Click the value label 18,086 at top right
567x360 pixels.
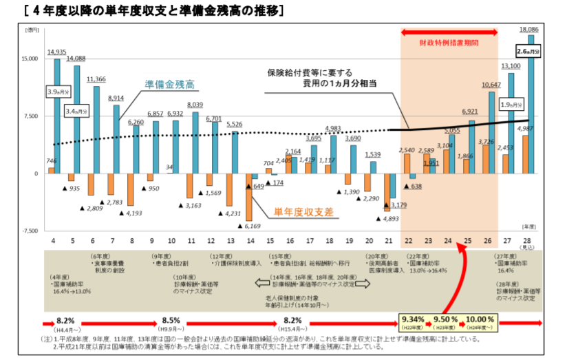528,30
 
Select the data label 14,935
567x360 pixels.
56,52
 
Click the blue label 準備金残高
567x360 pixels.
169,84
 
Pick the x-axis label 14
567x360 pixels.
250,241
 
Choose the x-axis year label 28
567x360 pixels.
527,241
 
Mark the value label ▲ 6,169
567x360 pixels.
253,225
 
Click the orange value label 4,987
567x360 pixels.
524,129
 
